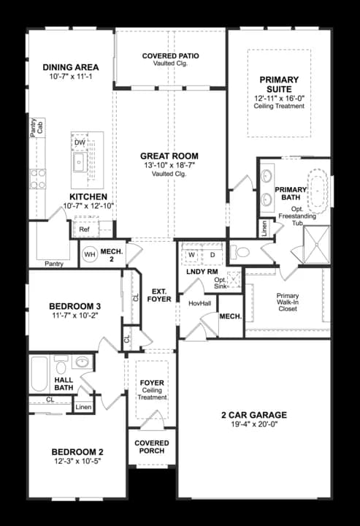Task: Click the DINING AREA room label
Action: coord(71,67)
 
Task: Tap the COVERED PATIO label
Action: coord(170,56)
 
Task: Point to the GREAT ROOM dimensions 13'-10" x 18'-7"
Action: coord(169,165)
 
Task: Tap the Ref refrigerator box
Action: coord(84,229)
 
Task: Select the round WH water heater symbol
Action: coord(90,254)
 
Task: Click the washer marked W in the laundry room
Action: coord(192,255)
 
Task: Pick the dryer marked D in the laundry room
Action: coord(212,255)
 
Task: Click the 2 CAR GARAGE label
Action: coord(254,415)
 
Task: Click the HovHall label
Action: coord(199,303)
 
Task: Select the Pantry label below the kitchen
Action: coord(53,264)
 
